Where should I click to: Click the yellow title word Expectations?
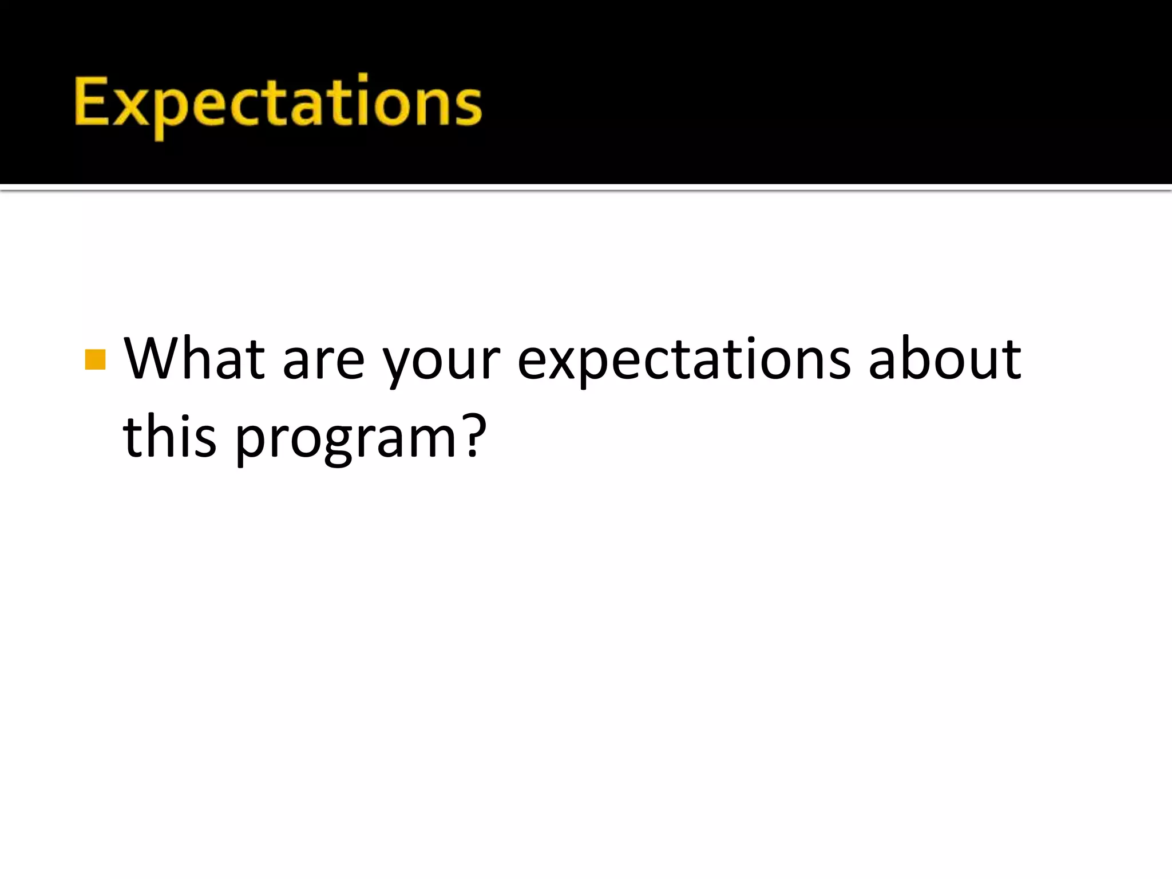click(x=278, y=103)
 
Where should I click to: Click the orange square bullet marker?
click(x=95, y=360)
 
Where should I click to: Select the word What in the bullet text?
click(x=195, y=359)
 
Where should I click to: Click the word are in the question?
click(x=324, y=363)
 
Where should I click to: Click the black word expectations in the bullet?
click(x=684, y=363)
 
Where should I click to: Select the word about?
click(x=944, y=359)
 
